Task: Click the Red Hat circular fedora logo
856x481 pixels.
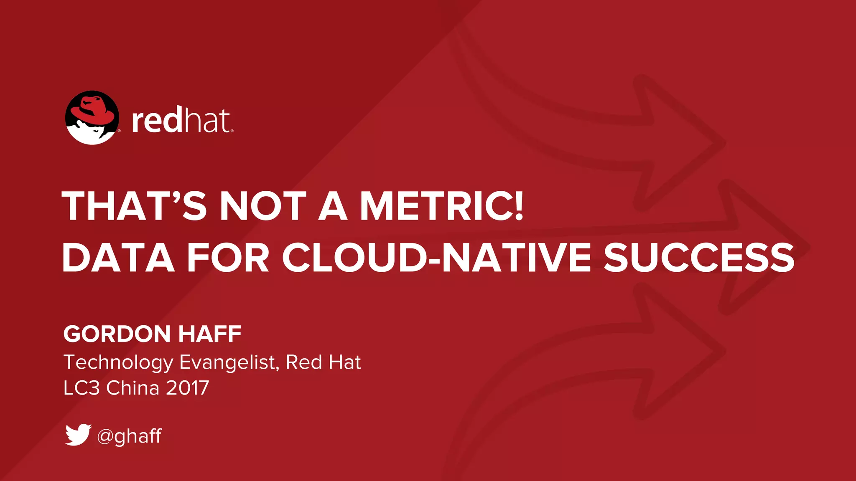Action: click(x=92, y=118)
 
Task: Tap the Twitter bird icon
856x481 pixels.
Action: click(x=78, y=435)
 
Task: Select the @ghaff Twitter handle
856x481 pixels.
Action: click(x=129, y=436)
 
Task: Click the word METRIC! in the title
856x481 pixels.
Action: click(x=441, y=205)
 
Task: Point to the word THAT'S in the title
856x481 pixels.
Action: click(x=134, y=205)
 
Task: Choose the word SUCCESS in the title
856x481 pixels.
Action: click(x=699, y=257)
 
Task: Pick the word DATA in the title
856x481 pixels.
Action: click(x=118, y=257)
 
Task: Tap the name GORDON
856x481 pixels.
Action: click(x=117, y=334)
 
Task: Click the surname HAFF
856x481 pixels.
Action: click(x=210, y=334)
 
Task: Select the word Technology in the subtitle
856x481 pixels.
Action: click(x=118, y=362)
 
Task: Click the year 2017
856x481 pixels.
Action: click(x=187, y=388)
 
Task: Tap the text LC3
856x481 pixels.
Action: click(x=82, y=388)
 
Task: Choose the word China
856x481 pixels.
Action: click(x=133, y=388)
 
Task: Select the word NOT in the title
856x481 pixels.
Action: click(x=263, y=205)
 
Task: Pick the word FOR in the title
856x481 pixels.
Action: click(x=228, y=257)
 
